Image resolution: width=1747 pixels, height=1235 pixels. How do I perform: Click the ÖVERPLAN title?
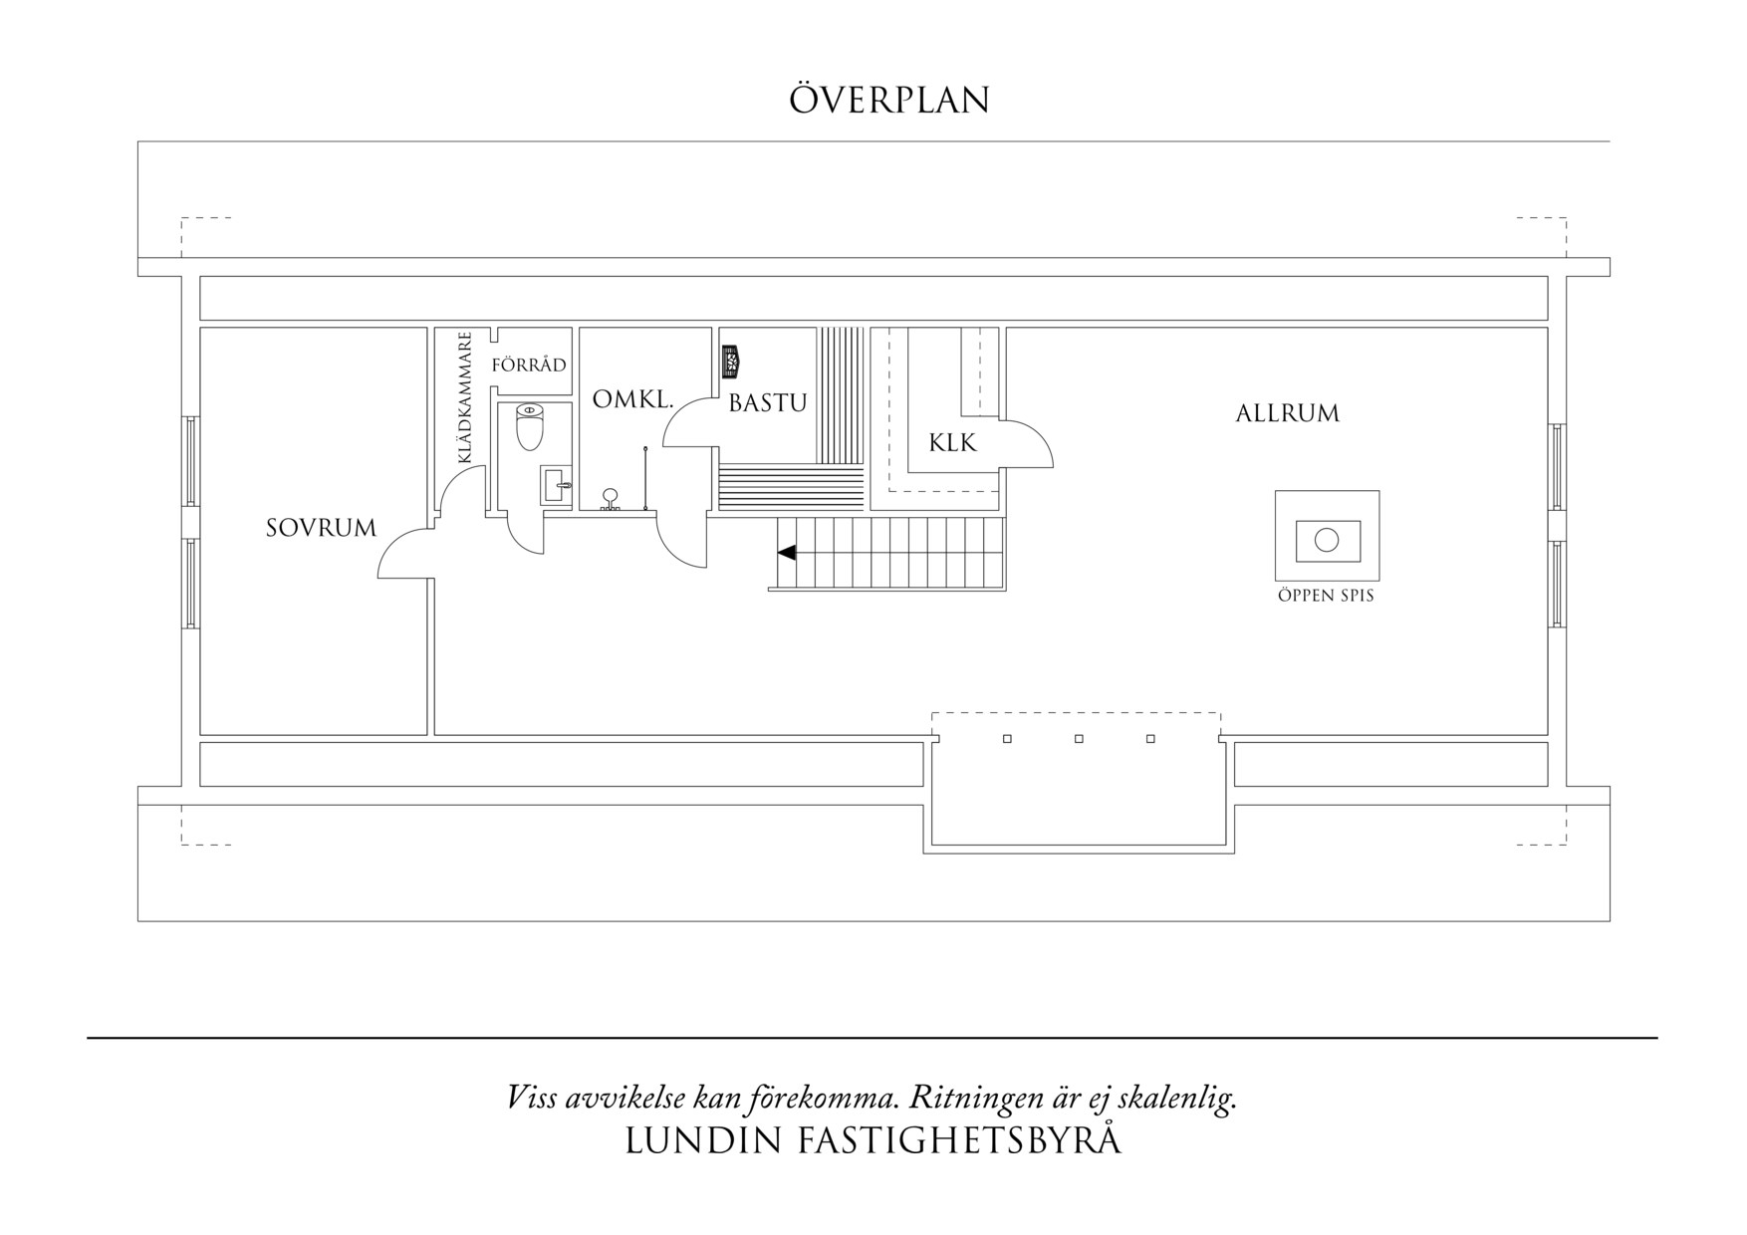889,101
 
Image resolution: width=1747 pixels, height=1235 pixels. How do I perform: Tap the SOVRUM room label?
321,528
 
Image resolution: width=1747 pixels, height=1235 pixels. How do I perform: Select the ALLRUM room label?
1287,413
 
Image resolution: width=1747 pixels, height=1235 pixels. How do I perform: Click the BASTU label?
767,403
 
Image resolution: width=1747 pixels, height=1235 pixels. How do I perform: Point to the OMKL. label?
632,400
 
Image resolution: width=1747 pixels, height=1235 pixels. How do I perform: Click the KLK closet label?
952,443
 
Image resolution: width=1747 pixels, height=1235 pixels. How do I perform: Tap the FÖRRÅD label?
529,365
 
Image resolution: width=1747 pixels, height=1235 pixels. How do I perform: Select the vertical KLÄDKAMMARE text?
464,398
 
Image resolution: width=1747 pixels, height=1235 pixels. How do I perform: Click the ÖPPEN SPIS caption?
1326,596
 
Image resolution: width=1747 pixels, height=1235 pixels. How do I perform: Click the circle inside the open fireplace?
1326,540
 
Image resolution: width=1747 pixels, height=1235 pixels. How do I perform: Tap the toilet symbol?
530,426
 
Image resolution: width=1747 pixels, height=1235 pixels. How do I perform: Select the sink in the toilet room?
556,486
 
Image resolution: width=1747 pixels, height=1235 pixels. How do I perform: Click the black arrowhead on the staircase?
787,552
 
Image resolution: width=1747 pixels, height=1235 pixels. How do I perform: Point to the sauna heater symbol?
732,361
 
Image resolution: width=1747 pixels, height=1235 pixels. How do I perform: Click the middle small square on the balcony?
1079,739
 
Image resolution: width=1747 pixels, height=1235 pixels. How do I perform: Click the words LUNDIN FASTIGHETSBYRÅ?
873,1141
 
